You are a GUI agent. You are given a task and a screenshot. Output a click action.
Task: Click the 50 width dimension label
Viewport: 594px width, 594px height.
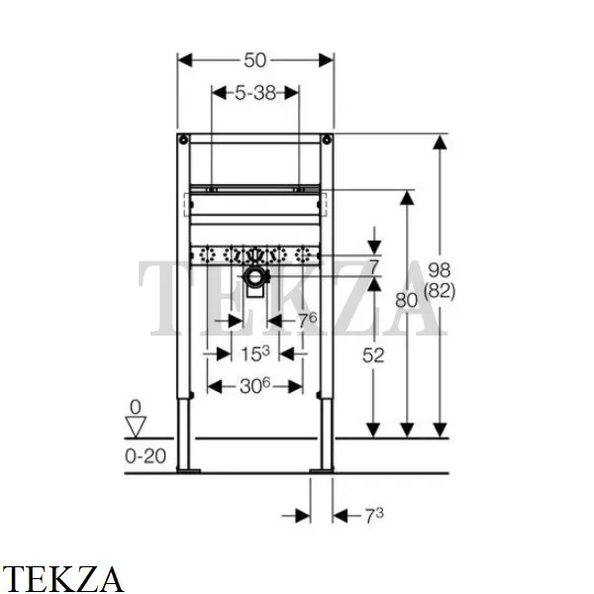[255, 60]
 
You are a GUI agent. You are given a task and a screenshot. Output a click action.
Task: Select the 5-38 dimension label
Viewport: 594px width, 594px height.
[255, 93]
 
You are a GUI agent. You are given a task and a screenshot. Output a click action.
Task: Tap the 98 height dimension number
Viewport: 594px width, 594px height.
[439, 270]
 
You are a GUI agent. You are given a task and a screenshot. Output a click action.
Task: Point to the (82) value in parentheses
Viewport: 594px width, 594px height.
[440, 291]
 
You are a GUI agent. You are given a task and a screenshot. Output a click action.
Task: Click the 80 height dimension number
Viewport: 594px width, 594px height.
[406, 300]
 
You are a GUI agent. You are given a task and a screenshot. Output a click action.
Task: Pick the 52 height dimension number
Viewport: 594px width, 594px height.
[373, 355]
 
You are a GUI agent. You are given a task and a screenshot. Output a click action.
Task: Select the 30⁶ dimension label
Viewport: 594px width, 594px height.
[255, 386]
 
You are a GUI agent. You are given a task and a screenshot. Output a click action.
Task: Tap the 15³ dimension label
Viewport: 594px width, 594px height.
[255, 353]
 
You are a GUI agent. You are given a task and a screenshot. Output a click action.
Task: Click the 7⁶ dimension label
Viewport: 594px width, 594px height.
[307, 321]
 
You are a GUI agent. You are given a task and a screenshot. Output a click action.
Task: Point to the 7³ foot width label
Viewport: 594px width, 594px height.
[374, 516]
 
